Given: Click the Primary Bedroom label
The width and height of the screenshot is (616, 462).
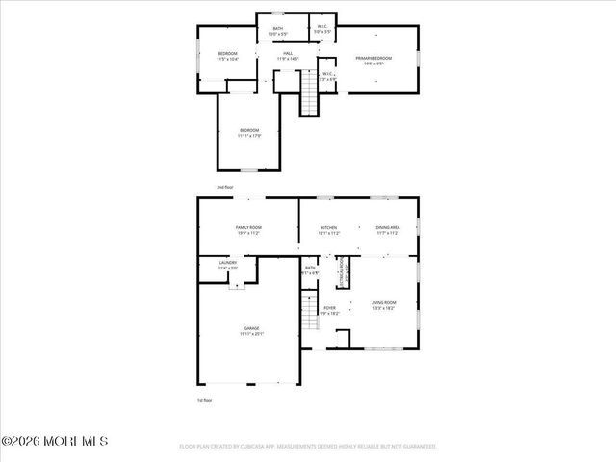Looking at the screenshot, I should pos(375,61).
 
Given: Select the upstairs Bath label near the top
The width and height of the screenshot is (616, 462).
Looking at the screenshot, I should pos(278,31).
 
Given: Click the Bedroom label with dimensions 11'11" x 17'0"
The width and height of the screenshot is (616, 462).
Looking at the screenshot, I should pos(250,132).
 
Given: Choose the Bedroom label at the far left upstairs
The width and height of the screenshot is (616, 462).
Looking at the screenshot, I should pos(227,56).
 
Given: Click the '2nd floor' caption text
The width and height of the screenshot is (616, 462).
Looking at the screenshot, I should pos(225,187).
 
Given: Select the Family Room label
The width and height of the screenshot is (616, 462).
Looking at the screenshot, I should pos(249,230).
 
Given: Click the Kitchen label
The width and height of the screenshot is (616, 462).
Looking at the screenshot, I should pos(329,230).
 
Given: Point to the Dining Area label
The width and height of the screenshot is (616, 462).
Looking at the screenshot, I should pos(388,230).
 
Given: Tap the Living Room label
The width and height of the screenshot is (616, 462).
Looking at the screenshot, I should pos(384,305).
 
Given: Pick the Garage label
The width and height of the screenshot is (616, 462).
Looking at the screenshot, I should pos(250,331).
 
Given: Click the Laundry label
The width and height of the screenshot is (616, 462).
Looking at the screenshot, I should pos(228,264).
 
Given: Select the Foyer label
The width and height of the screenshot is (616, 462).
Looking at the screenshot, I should pos(330,311).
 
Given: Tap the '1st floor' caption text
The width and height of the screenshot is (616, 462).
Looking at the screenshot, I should pos(203,400).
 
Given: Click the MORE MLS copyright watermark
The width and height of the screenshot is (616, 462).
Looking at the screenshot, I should pos(55,441).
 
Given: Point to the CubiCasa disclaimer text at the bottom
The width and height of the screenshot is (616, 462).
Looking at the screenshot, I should pos(308,447).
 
